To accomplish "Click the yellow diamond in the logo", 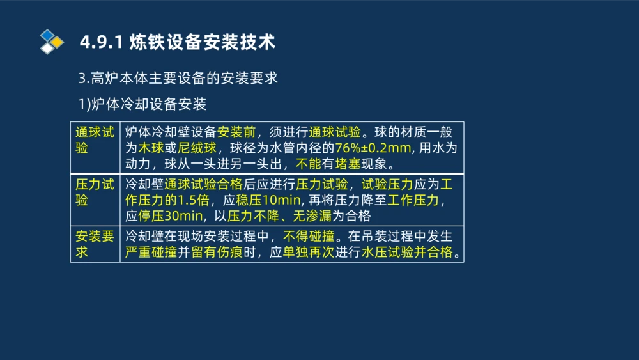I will pos(58,42).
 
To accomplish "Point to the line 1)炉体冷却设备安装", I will pos(142,104).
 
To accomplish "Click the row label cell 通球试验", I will pos(95,140).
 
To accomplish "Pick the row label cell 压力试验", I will pos(95,192).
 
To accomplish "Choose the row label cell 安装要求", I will pos(95,244).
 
